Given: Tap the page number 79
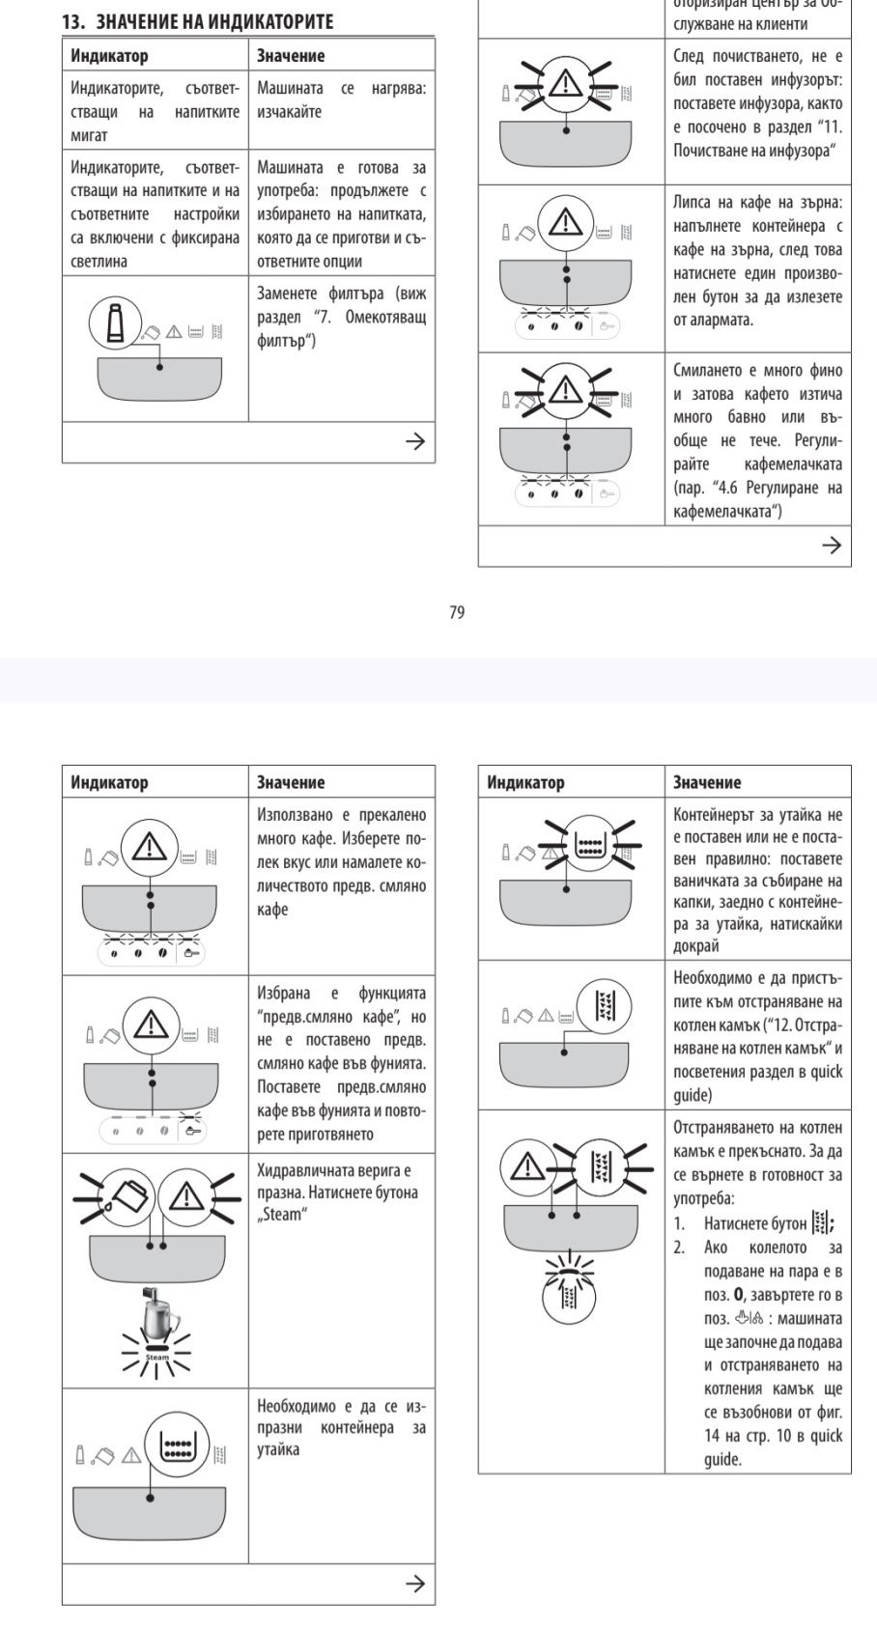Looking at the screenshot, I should pyautogui.click(x=457, y=612).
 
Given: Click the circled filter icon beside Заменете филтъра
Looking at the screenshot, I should pyautogui.click(x=115, y=323).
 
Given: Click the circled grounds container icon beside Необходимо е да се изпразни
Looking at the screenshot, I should pyautogui.click(x=177, y=1446).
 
